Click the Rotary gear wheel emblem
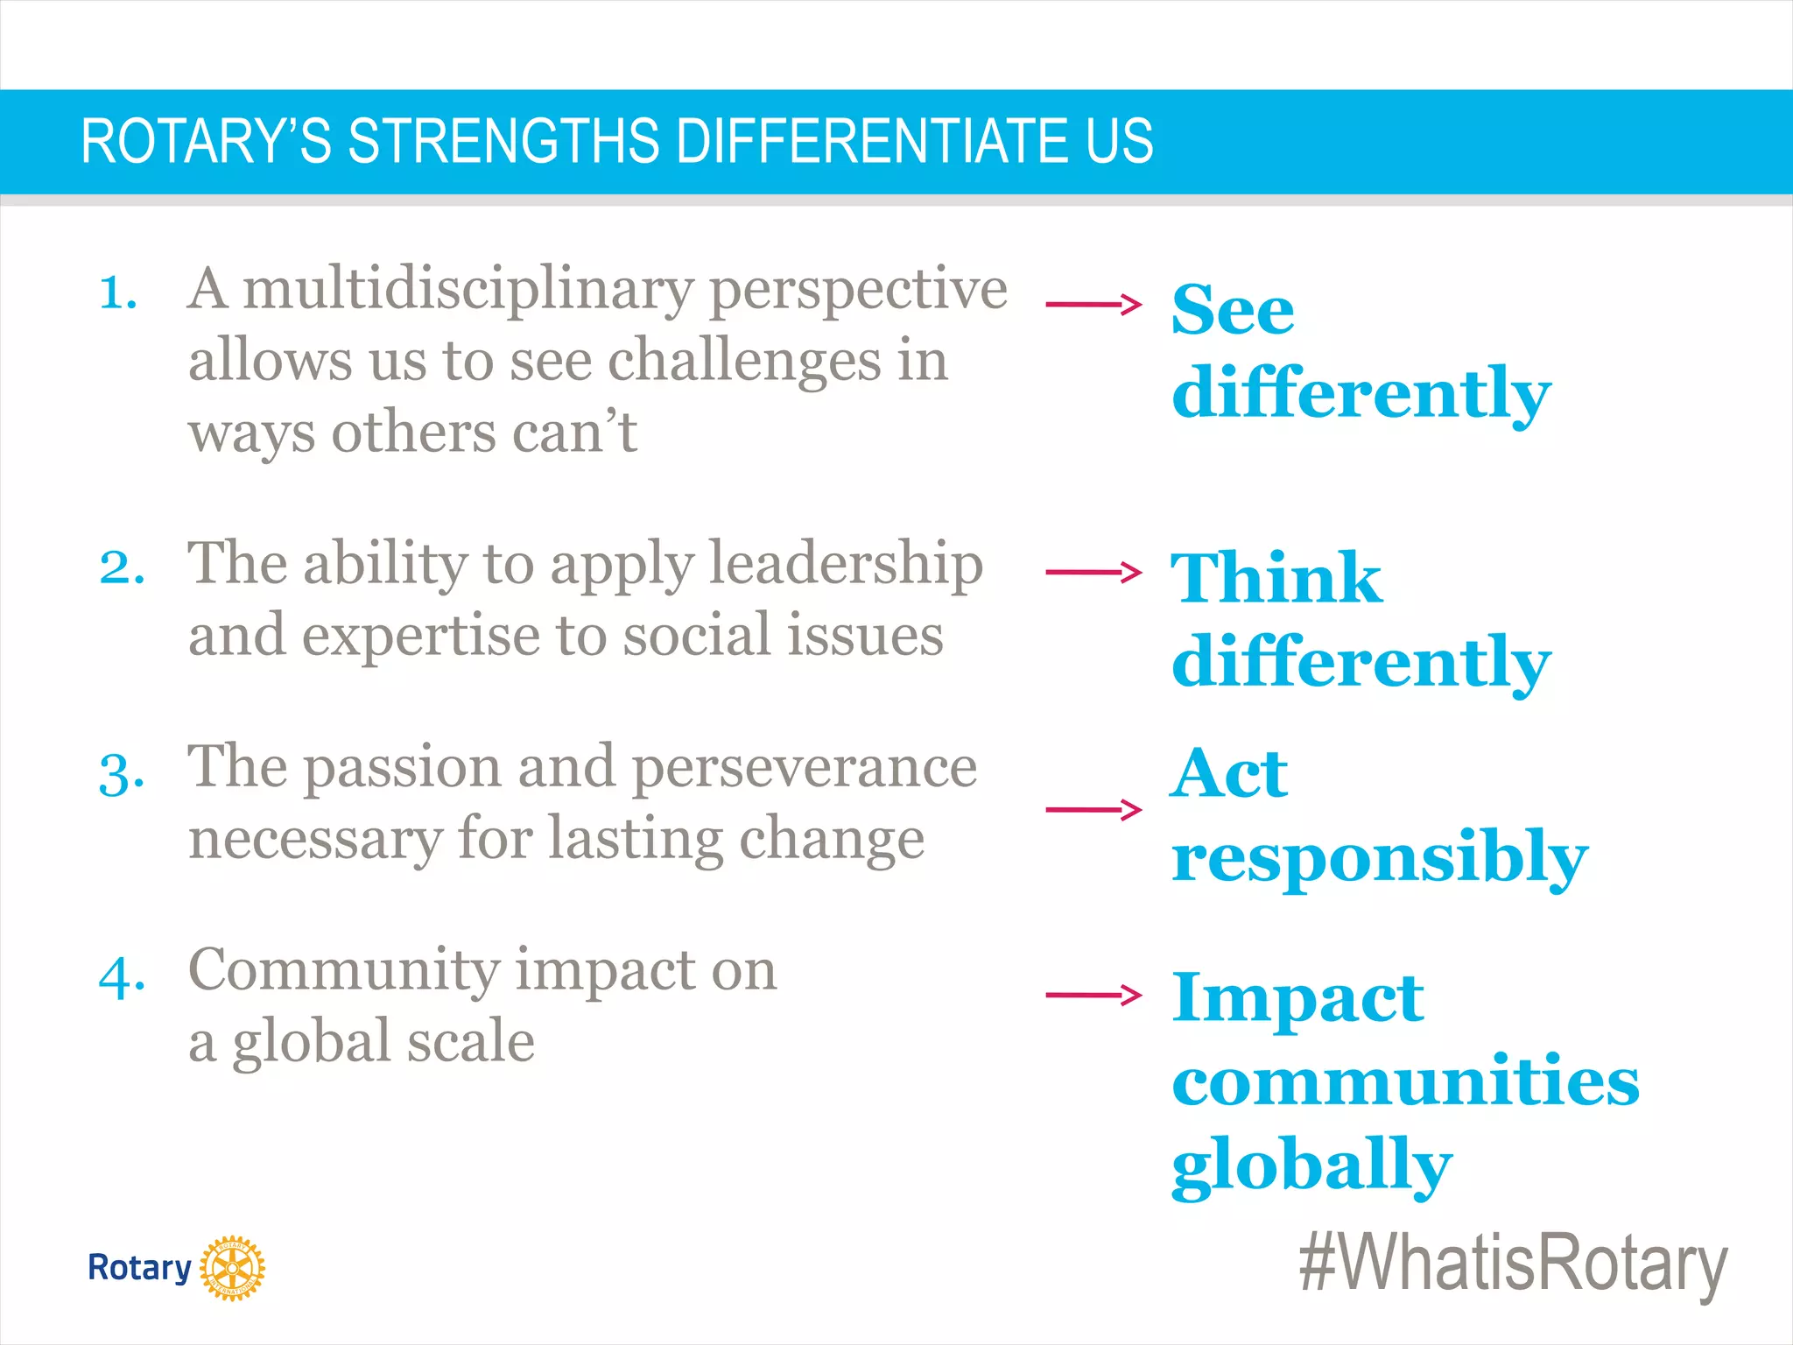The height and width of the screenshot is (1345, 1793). [x=232, y=1268]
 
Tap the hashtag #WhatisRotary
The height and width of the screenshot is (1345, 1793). [x=1513, y=1263]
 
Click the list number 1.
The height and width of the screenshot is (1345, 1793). [x=118, y=292]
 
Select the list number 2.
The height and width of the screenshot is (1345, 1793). [x=122, y=567]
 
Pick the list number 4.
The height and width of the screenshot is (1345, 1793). [x=122, y=977]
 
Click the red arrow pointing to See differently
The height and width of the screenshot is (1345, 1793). [x=1093, y=305]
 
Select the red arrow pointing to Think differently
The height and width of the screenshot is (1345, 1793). [x=1093, y=573]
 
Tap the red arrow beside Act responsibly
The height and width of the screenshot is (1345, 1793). [x=1093, y=809]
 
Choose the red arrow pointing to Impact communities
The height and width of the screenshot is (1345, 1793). [x=1093, y=994]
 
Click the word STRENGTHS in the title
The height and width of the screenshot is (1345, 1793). [x=503, y=141]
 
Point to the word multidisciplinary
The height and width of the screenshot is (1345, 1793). [x=468, y=289]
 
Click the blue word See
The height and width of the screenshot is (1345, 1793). [x=1233, y=310]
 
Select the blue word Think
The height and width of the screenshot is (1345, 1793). [x=1276, y=578]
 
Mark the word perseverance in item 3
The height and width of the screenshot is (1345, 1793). [x=804, y=768]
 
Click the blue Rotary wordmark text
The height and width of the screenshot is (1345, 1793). [x=139, y=1268]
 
